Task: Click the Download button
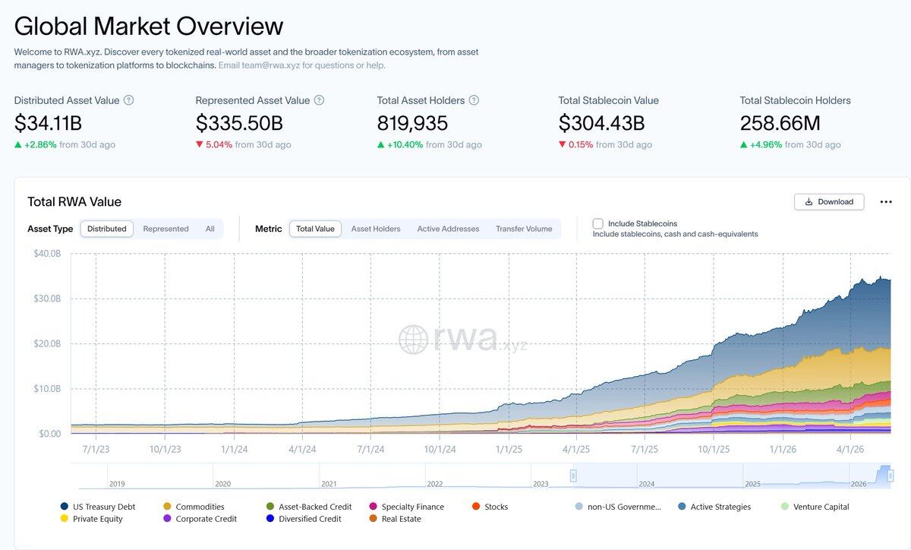[829, 202]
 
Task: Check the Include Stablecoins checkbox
[597, 223]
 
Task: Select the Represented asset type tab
[165, 229]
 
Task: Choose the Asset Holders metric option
[376, 229]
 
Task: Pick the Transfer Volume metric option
[524, 229]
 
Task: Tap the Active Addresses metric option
[448, 229]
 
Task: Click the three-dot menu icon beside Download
[886, 202]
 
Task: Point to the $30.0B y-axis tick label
[47, 299]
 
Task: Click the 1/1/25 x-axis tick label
[509, 450]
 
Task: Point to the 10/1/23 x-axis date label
[165, 450]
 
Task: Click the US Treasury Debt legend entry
[98, 507]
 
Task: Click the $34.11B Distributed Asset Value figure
[48, 123]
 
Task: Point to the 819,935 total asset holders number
[412, 123]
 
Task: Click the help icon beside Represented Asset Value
[320, 100]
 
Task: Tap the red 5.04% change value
[219, 144]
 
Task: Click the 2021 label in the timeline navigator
[329, 484]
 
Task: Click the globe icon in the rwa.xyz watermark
[413, 340]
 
